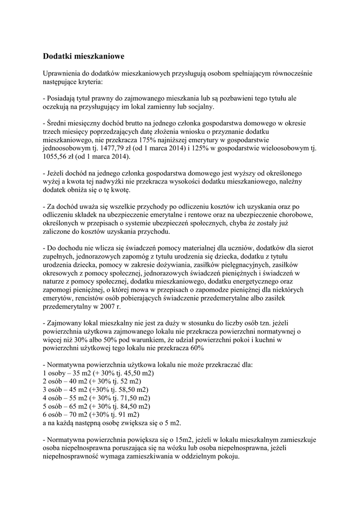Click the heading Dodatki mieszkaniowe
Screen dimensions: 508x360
[x=83, y=57]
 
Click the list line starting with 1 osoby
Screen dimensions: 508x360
[x=98, y=373]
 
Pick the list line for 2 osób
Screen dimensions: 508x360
[x=92, y=381]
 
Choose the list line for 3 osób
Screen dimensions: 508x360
[x=95, y=389]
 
